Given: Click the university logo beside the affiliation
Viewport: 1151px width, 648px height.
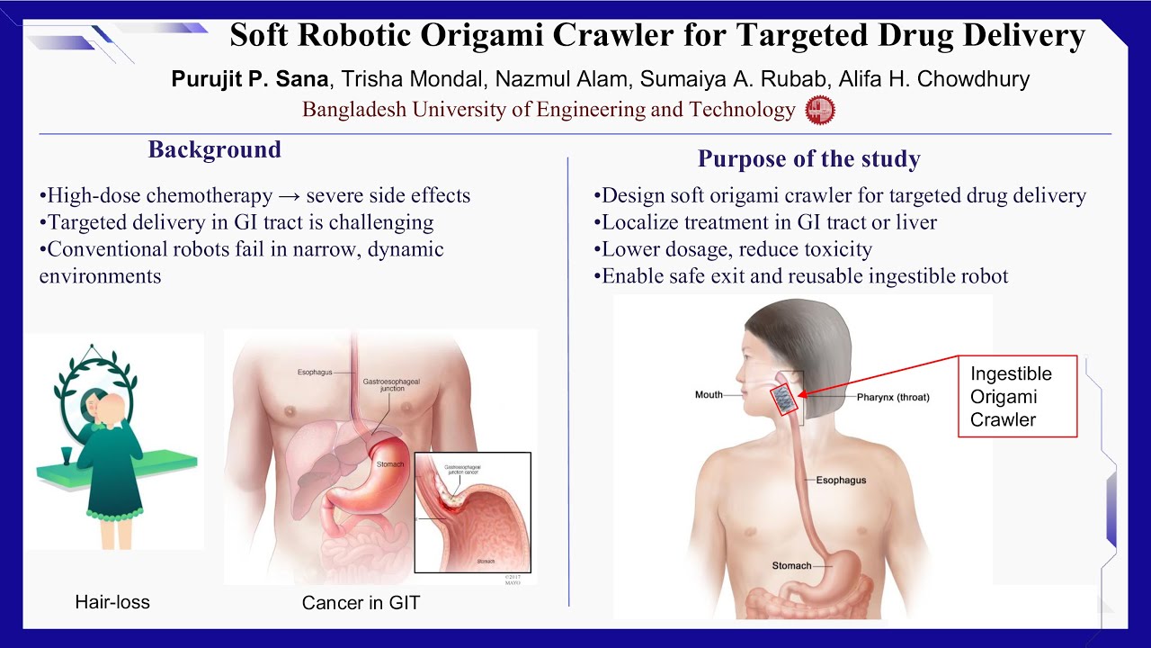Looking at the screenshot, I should tap(819, 110).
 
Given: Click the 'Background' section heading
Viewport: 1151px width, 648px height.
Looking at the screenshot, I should tap(215, 149).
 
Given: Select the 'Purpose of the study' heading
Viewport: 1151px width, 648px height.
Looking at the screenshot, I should tap(808, 159).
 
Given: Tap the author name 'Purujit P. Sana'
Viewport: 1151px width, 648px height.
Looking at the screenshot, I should tap(250, 79).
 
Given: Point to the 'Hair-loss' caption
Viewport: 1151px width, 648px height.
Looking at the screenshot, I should tap(112, 602).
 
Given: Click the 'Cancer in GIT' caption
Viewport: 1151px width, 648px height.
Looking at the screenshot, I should tap(361, 603).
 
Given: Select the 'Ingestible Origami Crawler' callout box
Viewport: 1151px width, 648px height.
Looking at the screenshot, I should tap(1017, 397).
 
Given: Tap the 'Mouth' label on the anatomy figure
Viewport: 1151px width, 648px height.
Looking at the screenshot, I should tap(709, 395).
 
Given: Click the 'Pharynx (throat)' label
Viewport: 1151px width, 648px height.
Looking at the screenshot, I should tap(892, 397).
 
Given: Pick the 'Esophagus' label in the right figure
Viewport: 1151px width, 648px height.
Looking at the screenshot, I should tap(841, 480).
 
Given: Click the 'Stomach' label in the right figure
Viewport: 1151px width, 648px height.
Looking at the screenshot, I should tap(791, 566).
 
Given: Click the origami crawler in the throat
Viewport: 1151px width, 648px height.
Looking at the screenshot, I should tap(786, 399).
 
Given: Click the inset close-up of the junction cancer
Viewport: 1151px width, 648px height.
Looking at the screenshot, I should tap(472, 512).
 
